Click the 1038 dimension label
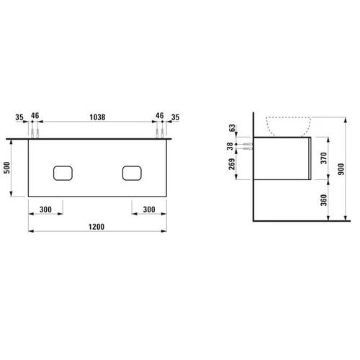pos(97,117)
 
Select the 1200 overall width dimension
pos(96,227)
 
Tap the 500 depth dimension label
pos(7,168)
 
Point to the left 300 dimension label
pos(45,210)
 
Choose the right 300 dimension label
pos(149,210)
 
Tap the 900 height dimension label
pos(341,169)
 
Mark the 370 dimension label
pos(324,158)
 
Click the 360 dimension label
pos(324,200)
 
